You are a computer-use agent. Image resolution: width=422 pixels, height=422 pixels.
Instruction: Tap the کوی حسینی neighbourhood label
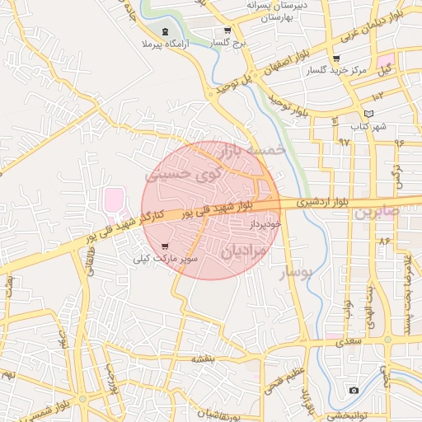184,175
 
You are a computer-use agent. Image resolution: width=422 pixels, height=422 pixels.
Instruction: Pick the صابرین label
377,211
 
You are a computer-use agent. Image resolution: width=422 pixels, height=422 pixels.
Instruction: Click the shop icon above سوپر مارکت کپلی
165,246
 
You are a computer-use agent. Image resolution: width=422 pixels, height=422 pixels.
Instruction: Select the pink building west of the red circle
113,199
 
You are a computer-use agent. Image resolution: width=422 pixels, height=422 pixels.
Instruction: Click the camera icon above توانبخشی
354,390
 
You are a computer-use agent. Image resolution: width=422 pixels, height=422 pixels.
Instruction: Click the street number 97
344,142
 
